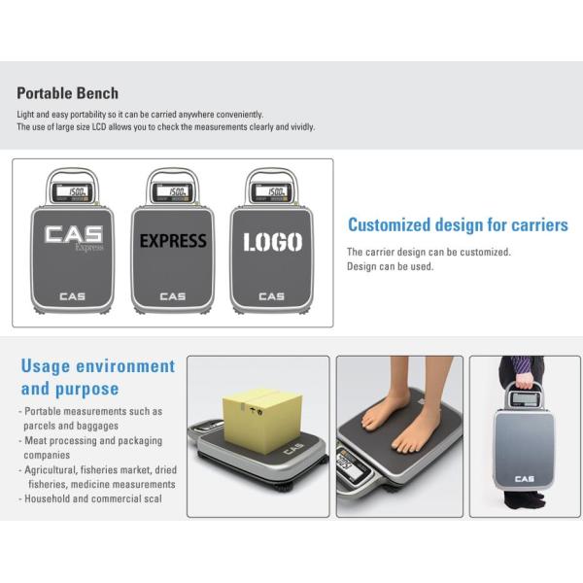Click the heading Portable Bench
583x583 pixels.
(x=68, y=93)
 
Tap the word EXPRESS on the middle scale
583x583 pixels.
(x=173, y=241)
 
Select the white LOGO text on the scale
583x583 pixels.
(x=272, y=242)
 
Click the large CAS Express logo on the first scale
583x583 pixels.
(x=74, y=237)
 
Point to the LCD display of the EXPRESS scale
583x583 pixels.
(x=172, y=191)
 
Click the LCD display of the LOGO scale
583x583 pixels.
(x=271, y=191)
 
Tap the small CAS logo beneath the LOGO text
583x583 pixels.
(x=271, y=296)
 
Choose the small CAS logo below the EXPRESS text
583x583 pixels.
(x=173, y=296)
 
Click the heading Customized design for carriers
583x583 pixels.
(x=458, y=225)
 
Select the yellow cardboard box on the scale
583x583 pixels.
(x=261, y=420)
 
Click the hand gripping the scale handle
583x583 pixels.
(x=525, y=380)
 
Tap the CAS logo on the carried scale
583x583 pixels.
(x=525, y=479)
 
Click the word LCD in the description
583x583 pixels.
(x=99, y=127)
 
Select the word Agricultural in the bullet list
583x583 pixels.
(x=51, y=470)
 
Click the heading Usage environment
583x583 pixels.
(x=98, y=366)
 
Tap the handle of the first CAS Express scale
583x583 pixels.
(x=72, y=175)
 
